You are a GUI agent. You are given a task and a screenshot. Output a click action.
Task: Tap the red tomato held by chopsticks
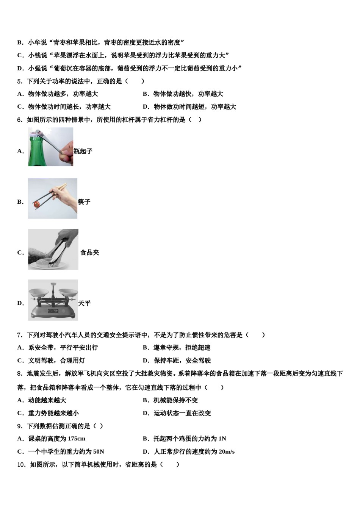pyautogui.click(x=37, y=204)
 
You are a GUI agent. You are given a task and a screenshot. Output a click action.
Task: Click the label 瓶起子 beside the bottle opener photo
pyautogui.click(x=83, y=151)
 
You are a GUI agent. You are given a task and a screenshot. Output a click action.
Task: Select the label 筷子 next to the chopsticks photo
pyautogui.click(x=84, y=202)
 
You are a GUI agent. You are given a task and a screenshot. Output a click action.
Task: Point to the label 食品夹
pyautogui.click(x=90, y=253)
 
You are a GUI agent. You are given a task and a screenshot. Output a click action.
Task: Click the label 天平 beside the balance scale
pyautogui.click(x=85, y=303)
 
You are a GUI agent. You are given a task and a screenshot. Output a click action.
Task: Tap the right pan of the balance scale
pyautogui.click(x=67, y=292)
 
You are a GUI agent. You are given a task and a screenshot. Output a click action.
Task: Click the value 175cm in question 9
pyautogui.click(x=77, y=439)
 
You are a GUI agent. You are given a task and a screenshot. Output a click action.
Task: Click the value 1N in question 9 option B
pyautogui.click(x=222, y=439)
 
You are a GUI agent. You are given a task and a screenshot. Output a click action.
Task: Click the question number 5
pyautogui.click(x=19, y=81)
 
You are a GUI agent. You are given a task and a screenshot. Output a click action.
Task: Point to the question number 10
pyautogui.click(x=21, y=464)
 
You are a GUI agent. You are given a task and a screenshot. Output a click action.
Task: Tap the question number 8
pyautogui.click(x=19, y=373)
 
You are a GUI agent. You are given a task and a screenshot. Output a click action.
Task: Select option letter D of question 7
pyautogui.click(x=146, y=361)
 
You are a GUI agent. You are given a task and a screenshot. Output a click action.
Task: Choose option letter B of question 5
pyautogui.click(x=146, y=94)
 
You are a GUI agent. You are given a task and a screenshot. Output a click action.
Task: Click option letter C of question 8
pyautogui.click(x=20, y=413)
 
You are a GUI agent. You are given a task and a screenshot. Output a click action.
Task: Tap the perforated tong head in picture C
pyautogui.click(x=53, y=258)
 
